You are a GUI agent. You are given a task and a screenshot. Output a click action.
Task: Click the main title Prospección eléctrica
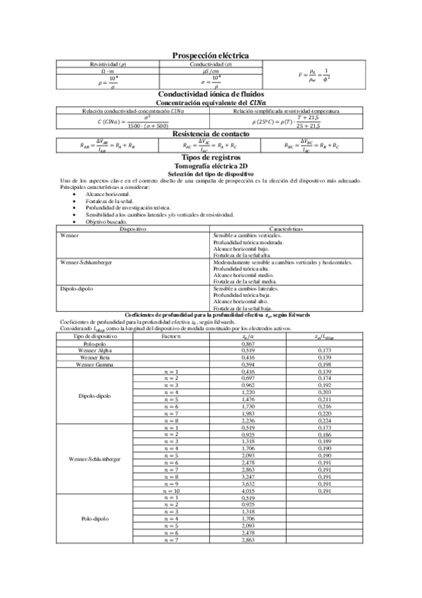click(x=211, y=56)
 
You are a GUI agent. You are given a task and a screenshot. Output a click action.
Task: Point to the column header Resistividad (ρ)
click(x=108, y=63)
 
